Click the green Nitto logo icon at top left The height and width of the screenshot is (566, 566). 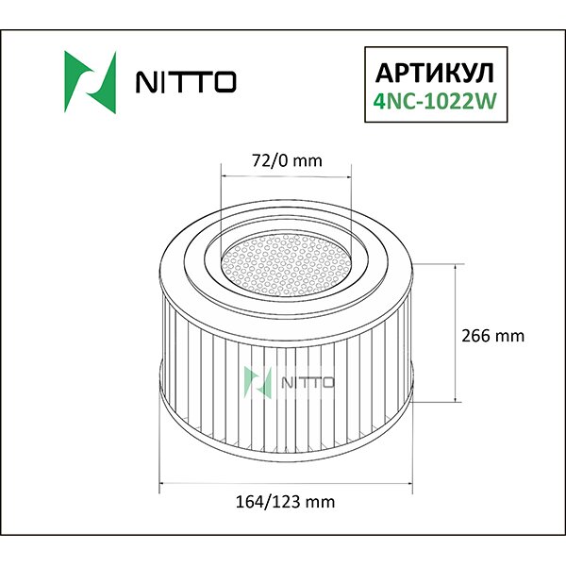[x=88, y=79]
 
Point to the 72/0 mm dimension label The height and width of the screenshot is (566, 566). [x=285, y=160]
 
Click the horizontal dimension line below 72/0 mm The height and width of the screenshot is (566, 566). [x=285, y=176]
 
